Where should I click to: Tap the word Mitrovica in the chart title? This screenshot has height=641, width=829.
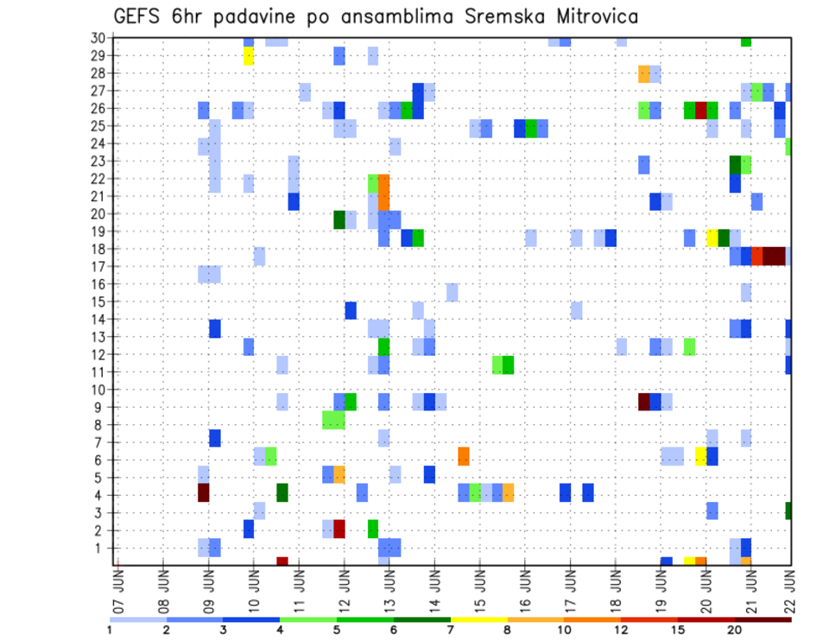click(592, 16)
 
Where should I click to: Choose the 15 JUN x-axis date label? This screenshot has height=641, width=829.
click(479, 590)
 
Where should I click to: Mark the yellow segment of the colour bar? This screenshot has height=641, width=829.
click(479, 619)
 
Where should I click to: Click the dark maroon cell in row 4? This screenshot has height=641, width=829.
click(204, 492)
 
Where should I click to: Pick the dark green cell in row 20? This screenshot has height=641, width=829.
click(339, 219)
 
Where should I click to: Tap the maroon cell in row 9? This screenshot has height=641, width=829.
click(644, 402)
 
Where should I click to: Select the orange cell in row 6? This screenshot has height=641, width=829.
click(464, 455)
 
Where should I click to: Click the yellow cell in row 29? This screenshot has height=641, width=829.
click(249, 56)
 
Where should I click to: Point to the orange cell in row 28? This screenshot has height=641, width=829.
click(644, 73)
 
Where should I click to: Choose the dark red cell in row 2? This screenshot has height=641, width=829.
click(339, 528)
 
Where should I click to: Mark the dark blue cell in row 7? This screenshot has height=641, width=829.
click(215, 438)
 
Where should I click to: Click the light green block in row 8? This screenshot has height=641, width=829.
click(333, 420)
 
